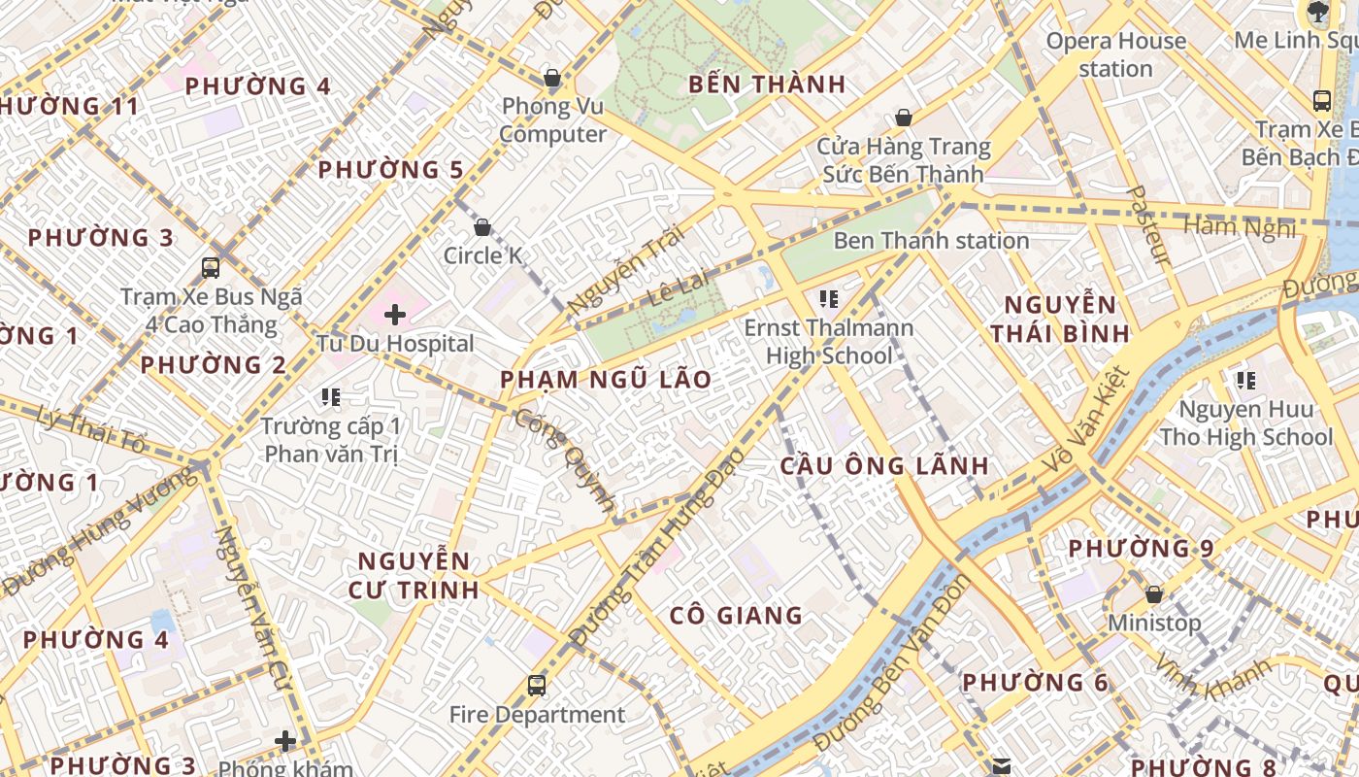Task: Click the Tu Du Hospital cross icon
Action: [x=394, y=314]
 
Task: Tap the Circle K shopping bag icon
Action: [x=482, y=227]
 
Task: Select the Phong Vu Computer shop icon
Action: [x=552, y=78]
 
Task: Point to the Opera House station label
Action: [x=1115, y=54]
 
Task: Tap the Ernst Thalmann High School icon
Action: [x=828, y=299]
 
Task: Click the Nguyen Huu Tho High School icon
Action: [x=1245, y=380]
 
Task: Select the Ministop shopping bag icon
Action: [x=1154, y=593]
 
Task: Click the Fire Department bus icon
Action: [x=536, y=686]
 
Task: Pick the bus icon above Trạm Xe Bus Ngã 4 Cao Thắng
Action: [x=211, y=267]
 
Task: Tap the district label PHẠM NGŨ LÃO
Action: [x=606, y=380]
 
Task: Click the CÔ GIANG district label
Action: [x=736, y=616]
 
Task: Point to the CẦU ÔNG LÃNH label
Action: [x=884, y=466]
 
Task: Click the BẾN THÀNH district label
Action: [x=767, y=84]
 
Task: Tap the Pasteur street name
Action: [x=1149, y=225]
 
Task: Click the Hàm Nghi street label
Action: [x=1240, y=228]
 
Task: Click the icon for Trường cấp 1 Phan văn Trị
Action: [x=330, y=397]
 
